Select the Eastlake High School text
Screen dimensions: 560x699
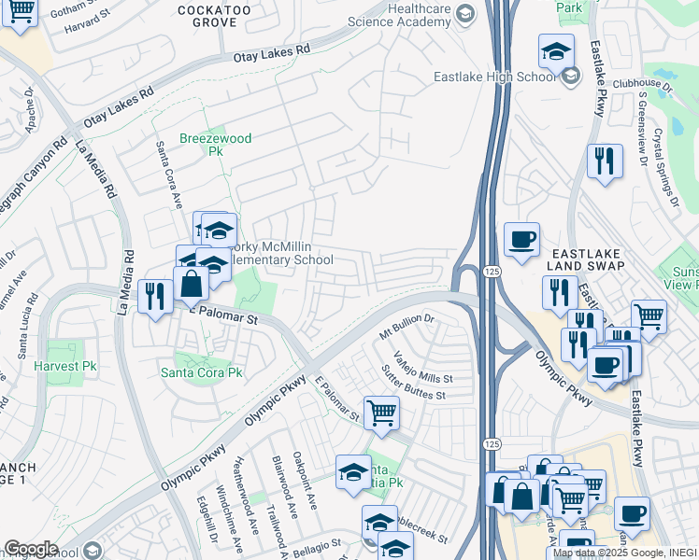click(x=494, y=77)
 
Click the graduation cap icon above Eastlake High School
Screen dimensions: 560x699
click(x=557, y=52)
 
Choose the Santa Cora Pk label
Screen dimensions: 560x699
click(x=201, y=371)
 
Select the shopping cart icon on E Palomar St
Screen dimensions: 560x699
click(x=381, y=413)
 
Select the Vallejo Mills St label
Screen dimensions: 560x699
click(x=422, y=368)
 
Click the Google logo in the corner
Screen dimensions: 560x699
click(x=31, y=549)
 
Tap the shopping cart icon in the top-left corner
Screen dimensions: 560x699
click(x=20, y=13)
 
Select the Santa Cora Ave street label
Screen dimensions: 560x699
click(x=168, y=175)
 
